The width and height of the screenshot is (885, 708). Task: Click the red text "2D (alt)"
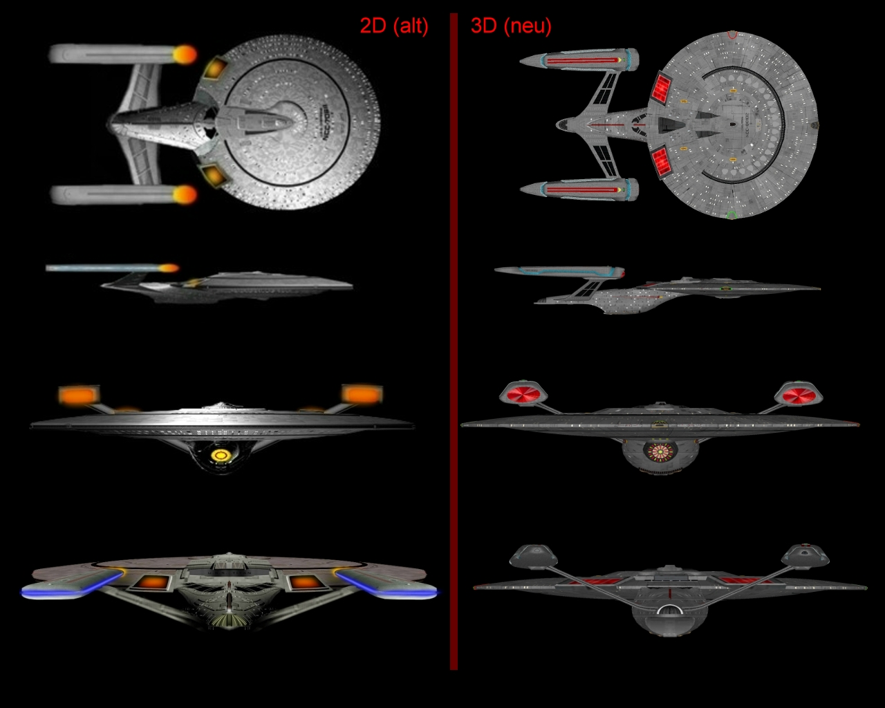click(x=393, y=26)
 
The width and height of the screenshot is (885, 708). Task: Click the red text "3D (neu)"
click(x=511, y=26)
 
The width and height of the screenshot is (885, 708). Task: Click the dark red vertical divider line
click(x=454, y=346)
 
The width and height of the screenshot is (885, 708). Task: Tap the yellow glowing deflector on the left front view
click(x=221, y=455)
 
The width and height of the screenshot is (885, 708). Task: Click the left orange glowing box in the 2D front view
click(x=79, y=395)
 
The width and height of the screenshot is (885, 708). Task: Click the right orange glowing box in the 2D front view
click(x=362, y=394)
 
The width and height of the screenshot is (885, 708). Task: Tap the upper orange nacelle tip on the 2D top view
click(x=185, y=55)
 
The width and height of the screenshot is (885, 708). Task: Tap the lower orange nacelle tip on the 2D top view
click(x=185, y=195)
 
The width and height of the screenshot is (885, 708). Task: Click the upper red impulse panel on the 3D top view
click(x=662, y=88)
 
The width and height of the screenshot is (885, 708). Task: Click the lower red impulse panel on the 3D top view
click(x=662, y=160)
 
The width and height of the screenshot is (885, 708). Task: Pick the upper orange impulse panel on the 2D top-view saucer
click(x=215, y=68)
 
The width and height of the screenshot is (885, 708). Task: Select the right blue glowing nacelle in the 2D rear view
click(x=387, y=586)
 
